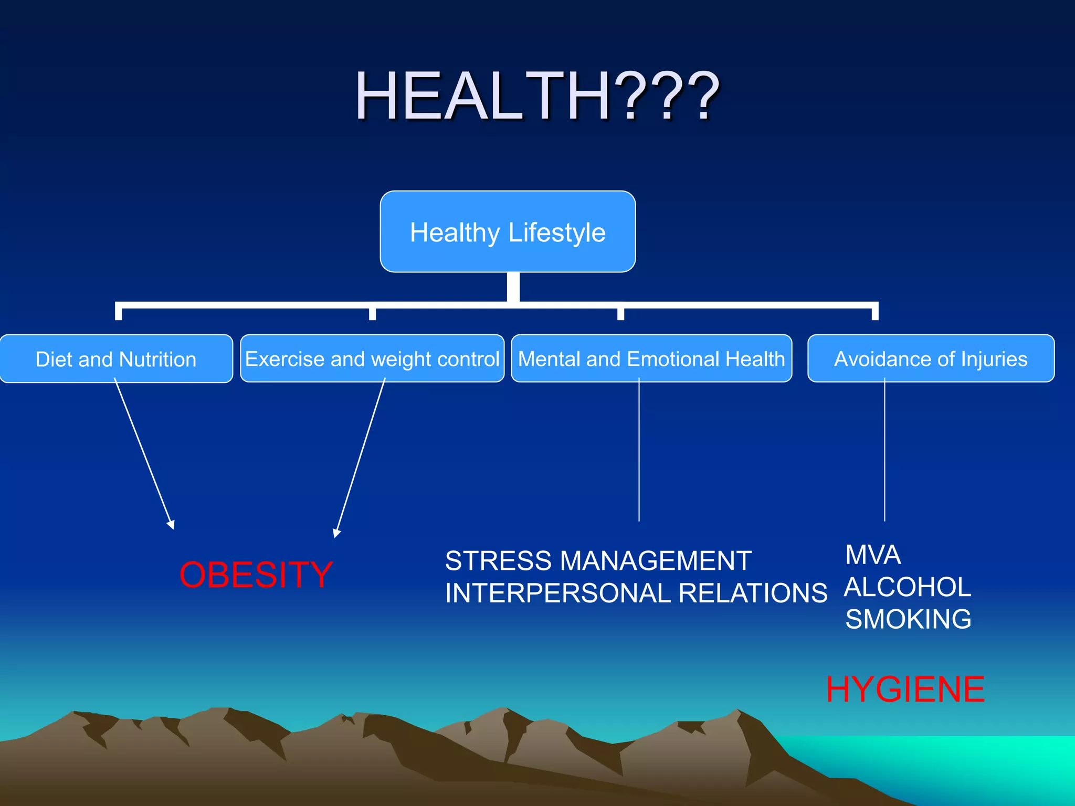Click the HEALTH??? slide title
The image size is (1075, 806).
coord(536,97)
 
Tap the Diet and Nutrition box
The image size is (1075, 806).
coord(116,359)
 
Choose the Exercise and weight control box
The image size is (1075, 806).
coord(372,359)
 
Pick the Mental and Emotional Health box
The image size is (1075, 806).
coord(651,359)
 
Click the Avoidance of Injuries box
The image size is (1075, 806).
coord(931,359)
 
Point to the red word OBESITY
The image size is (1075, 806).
coord(256,575)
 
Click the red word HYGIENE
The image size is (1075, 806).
coord(905,690)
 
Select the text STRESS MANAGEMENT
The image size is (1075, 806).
coord(598,561)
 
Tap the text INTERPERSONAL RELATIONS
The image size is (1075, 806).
coord(636,593)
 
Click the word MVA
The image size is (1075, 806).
coord(873,555)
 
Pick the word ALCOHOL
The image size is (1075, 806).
coord(908,587)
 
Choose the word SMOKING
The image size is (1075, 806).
coord(909,619)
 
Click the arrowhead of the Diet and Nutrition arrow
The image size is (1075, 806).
coord(171,524)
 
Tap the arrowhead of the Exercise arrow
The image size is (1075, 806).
coord(336,533)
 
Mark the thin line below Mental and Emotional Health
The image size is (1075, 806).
coord(639,451)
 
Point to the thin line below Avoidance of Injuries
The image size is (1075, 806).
coord(884,451)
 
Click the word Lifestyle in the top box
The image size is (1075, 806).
coord(557,232)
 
